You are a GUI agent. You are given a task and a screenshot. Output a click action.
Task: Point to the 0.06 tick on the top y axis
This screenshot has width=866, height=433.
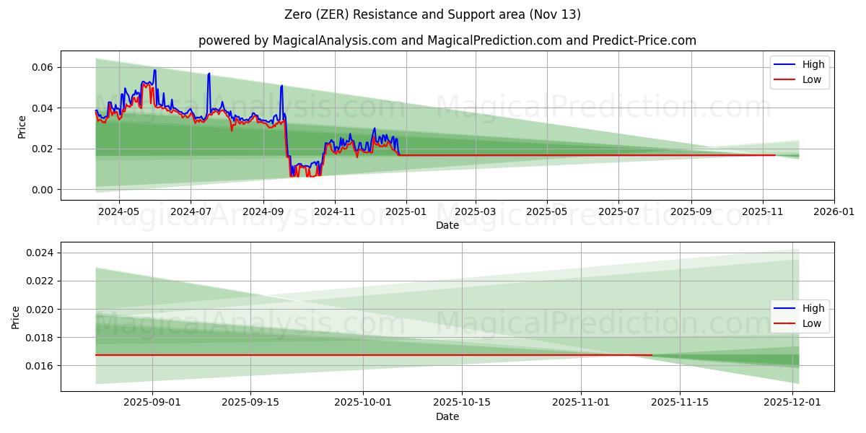(x=42, y=67)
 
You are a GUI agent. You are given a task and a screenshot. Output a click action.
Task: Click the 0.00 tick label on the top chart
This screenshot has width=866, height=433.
(x=42, y=190)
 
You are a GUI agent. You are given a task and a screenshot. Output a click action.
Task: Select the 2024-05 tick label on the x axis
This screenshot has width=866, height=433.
(x=118, y=213)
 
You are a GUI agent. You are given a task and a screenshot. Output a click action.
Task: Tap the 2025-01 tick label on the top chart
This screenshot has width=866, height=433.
(x=406, y=213)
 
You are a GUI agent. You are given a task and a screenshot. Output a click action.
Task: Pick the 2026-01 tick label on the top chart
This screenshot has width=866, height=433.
(x=834, y=213)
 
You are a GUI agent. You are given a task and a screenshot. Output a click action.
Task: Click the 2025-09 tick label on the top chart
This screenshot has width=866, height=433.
(x=691, y=213)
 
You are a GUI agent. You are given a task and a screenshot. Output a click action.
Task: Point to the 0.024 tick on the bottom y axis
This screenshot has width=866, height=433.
(x=39, y=253)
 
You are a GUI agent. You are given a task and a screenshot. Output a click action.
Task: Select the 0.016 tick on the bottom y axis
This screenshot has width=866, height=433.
(x=39, y=366)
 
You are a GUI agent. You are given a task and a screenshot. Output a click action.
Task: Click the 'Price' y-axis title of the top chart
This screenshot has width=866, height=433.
(x=22, y=127)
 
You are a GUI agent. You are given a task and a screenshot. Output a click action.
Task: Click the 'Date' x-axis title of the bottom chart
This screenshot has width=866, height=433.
(x=447, y=417)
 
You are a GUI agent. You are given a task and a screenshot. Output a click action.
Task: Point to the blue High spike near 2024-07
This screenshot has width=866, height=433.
(x=209, y=74)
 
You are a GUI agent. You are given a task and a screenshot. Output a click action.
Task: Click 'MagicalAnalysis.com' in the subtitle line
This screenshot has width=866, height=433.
(x=334, y=40)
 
